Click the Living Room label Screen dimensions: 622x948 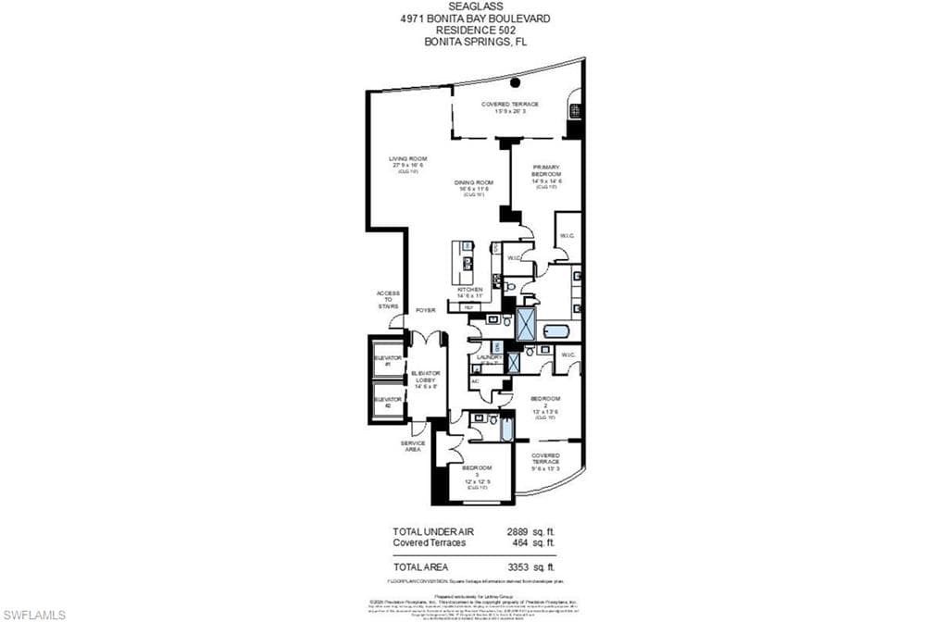tap(407, 163)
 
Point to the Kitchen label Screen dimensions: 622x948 tap(469, 292)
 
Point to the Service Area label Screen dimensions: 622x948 tap(413, 446)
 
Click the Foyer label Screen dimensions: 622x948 tap(425, 310)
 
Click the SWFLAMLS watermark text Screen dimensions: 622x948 tap(33, 615)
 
